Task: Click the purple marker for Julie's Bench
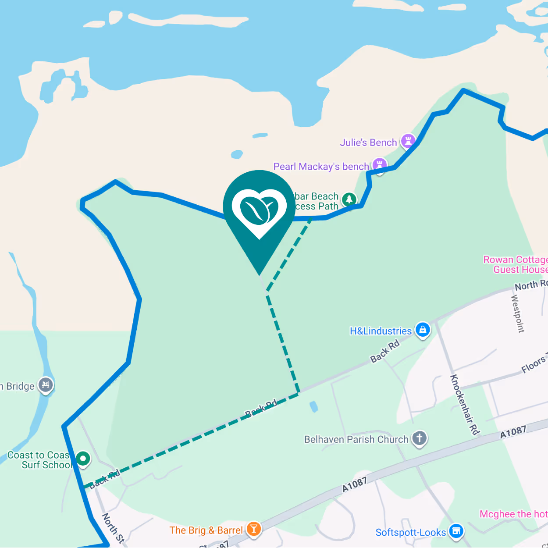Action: tap(408, 141)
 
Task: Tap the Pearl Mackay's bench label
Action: tap(321, 167)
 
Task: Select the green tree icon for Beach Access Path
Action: tap(349, 199)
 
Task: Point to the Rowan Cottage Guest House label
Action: tap(516, 265)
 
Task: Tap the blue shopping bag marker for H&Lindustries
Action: tap(423, 330)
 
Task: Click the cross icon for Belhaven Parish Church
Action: tap(419, 438)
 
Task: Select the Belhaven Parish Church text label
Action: tap(356, 439)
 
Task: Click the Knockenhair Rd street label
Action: tap(464, 404)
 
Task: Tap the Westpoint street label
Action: tap(518, 313)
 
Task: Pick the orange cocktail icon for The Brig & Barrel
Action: tap(253, 529)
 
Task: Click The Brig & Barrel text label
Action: tap(206, 530)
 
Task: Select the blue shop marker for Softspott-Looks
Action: tap(456, 531)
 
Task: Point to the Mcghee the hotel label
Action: tap(513, 514)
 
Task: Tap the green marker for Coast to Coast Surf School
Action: tap(83, 459)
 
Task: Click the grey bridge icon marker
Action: tap(46, 385)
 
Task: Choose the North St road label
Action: tap(113, 529)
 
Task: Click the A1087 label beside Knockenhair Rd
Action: tap(513, 432)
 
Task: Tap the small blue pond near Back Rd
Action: tap(313, 406)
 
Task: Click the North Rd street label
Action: tap(531, 285)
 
